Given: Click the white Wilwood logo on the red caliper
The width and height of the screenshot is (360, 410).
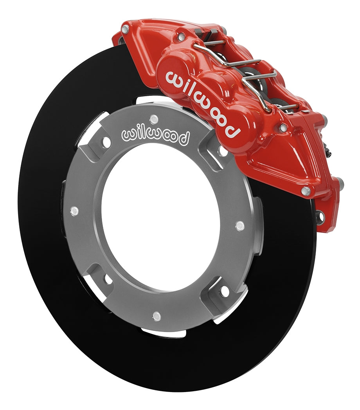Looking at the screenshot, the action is pyautogui.click(x=202, y=104).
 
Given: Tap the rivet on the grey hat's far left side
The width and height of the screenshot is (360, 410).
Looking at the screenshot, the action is pyautogui.click(x=74, y=210).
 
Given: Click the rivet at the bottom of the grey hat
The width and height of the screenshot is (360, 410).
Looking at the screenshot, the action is pyautogui.click(x=157, y=316).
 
